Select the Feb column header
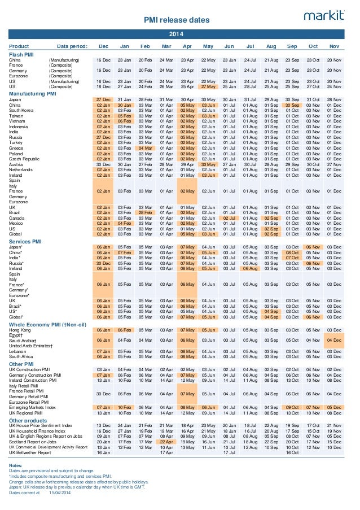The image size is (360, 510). click(x=145, y=46)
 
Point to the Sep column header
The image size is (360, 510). click(x=292, y=46)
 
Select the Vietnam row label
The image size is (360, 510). click(x=17, y=121)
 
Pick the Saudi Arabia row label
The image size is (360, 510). click(x=23, y=341)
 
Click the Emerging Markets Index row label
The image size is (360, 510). click(x=32, y=407)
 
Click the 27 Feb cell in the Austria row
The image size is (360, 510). click(x=145, y=164)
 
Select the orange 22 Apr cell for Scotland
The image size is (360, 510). click(x=166, y=442)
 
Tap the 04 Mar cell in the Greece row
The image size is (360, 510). click(x=145, y=148)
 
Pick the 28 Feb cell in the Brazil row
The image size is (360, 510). click(x=145, y=212)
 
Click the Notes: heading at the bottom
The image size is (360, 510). click(x=16, y=465)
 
